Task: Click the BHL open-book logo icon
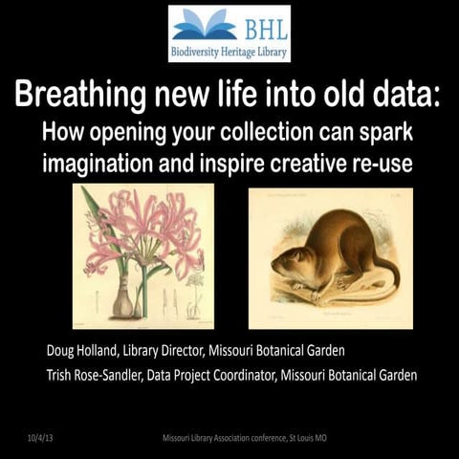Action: pyautogui.click(x=204, y=23)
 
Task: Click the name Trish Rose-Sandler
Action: pyautogui.click(x=106, y=375)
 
